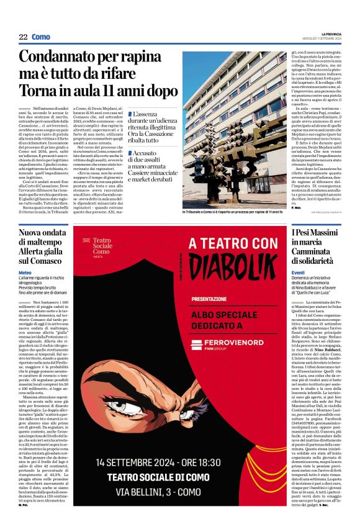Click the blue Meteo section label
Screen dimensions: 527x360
pos(25,273)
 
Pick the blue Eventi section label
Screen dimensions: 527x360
pos(299,273)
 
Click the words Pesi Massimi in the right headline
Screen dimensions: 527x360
pos(313,232)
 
